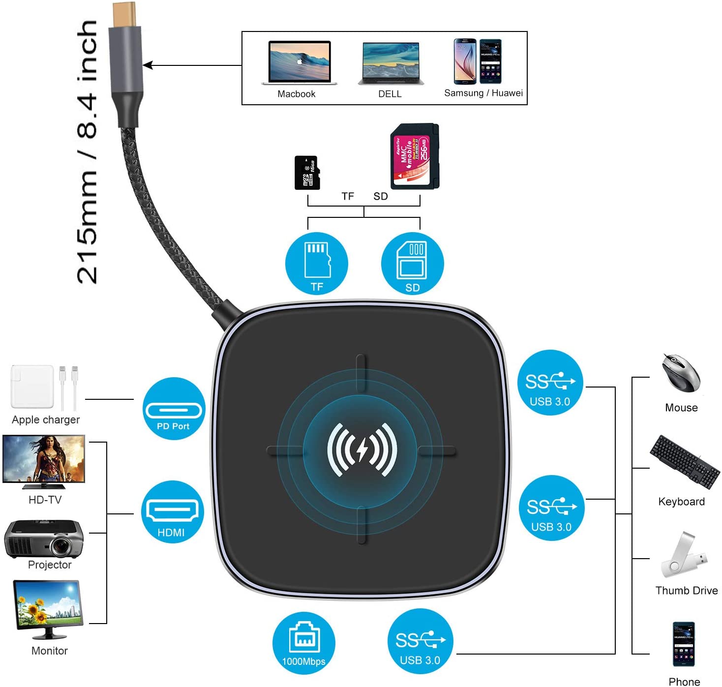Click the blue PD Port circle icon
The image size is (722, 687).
click(173, 409)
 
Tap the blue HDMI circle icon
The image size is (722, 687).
click(172, 512)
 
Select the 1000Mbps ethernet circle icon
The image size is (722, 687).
click(303, 643)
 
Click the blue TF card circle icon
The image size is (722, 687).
click(316, 264)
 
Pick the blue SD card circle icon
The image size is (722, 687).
click(412, 264)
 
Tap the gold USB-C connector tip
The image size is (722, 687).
click(126, 15)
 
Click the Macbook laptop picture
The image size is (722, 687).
click(299, 62)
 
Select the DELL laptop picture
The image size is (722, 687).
click(391, 63)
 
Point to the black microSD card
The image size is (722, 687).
click(307, 173)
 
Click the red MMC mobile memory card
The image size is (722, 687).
click(414, 156)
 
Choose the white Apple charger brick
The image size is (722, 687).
click(32, 387)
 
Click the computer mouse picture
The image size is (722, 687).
click(681, 373)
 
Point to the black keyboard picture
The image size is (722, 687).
click(684, 461)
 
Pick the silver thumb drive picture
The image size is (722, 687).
click(684, 555)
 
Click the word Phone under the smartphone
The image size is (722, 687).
click(684, 682)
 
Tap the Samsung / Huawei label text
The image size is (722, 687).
click(483, 93)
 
